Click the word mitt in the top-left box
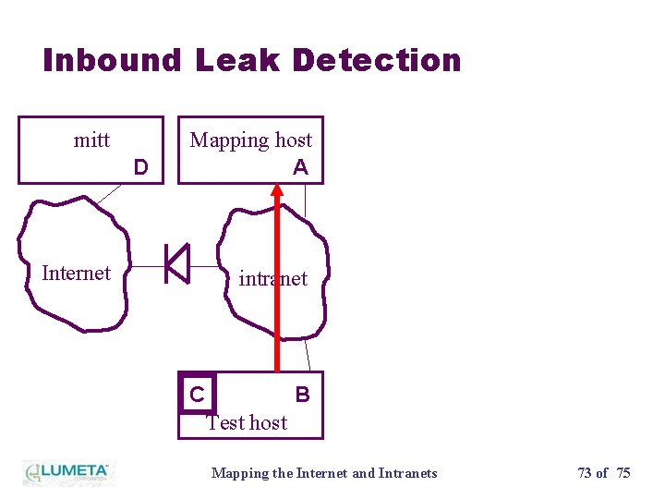point(91,140)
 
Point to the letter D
point(140,167)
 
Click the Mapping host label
point(250,140)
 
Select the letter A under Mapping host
point(300,167)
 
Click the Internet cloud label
point(76,273)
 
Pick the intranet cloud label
point(272,278)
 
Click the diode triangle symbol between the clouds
point(177,263)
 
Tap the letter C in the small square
point(197,395)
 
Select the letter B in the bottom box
point(302,395)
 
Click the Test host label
point(247,422)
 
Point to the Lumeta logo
point(66,472)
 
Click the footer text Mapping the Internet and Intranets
point(324,473)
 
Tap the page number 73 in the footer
point(586,473)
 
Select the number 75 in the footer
point(623,473)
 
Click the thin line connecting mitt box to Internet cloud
point(108,193)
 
